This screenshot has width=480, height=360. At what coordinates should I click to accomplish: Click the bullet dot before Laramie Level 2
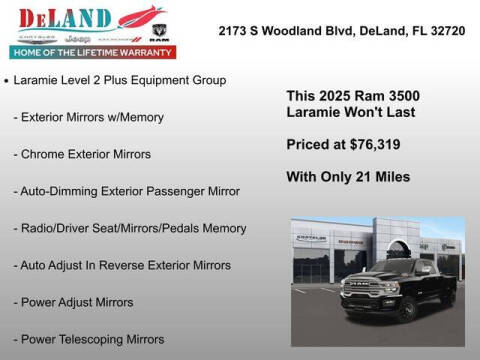(x=8, y=79)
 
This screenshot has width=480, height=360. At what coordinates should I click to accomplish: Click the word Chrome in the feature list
(x=45, y=154)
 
